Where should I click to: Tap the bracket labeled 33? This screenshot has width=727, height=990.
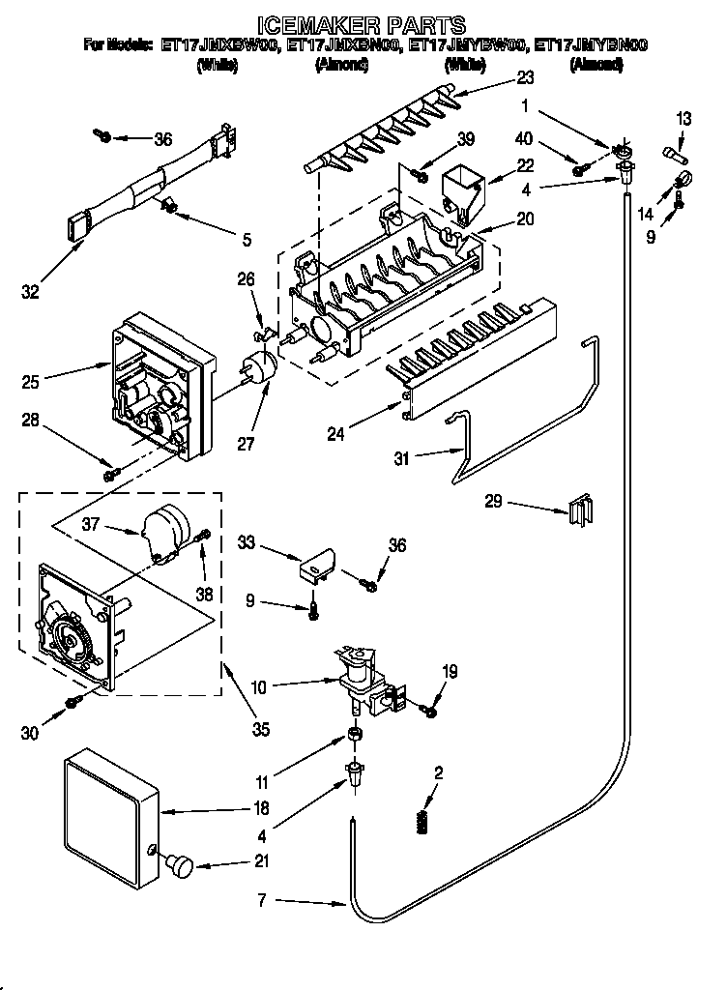[316, 566]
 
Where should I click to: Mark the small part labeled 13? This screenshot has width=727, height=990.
[674, 151]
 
